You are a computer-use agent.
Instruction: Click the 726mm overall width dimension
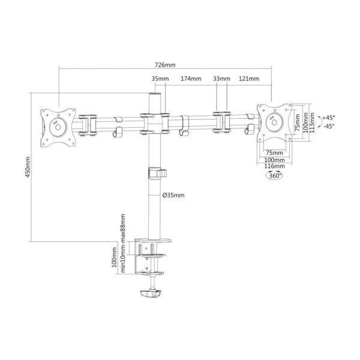tap(164, 64)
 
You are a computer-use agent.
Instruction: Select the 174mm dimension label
tap(191, 79)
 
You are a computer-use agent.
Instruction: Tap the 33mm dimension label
tap(221, 79)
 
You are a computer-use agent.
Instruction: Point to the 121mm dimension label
tap(248, 79)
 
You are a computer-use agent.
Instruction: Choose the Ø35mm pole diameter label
tap(173, 195)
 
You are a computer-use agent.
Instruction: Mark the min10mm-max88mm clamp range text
tap(123, 240)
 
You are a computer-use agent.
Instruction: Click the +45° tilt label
tap(328, 118)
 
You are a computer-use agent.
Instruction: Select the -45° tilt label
tap(328, 127)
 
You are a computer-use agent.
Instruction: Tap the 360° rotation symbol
tap(275, 176)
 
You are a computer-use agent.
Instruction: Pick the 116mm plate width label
tap(275, 166)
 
